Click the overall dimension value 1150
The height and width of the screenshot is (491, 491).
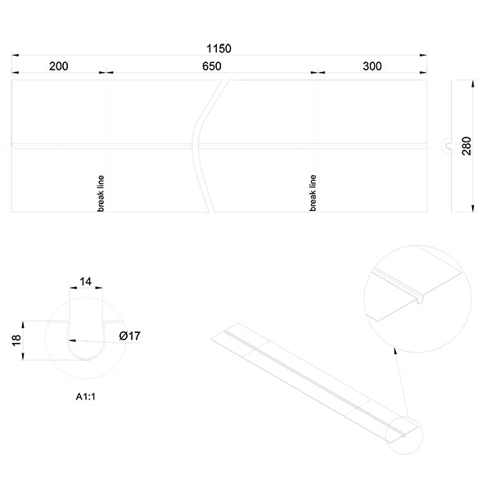click(x=219, y=48)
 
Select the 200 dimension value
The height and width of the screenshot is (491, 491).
click(x=58, y=67)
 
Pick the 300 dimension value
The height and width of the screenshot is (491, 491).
click(x=372, y=67)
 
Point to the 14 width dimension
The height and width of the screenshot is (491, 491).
click(x=85, y=282)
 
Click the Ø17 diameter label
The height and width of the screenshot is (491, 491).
click(x=129, y=336)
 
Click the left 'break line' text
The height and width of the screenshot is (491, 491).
click(x=101, y=193)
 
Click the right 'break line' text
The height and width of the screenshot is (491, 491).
click(x=313, y=193)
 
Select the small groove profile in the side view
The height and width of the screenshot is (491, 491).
click(x=447, y=146)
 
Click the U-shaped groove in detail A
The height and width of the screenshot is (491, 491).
click(x=85, y=348)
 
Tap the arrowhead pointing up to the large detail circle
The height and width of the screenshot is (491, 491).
click(x=396, y=350)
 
